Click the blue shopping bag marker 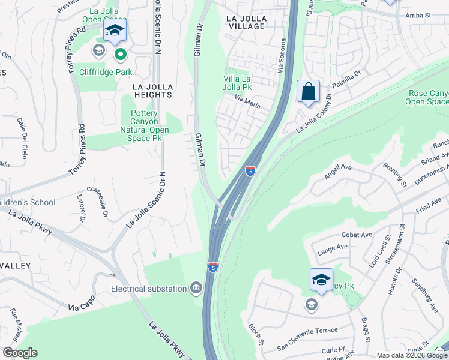point(308,92)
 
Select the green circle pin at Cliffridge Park point(120,55)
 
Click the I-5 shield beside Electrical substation point(212,266)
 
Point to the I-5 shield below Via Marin point(250,171)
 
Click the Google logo point(20,353)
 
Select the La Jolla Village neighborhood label point(246,23)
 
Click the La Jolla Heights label point(152,91)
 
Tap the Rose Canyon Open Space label point(427,97)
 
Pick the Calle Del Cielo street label point(28,132)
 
